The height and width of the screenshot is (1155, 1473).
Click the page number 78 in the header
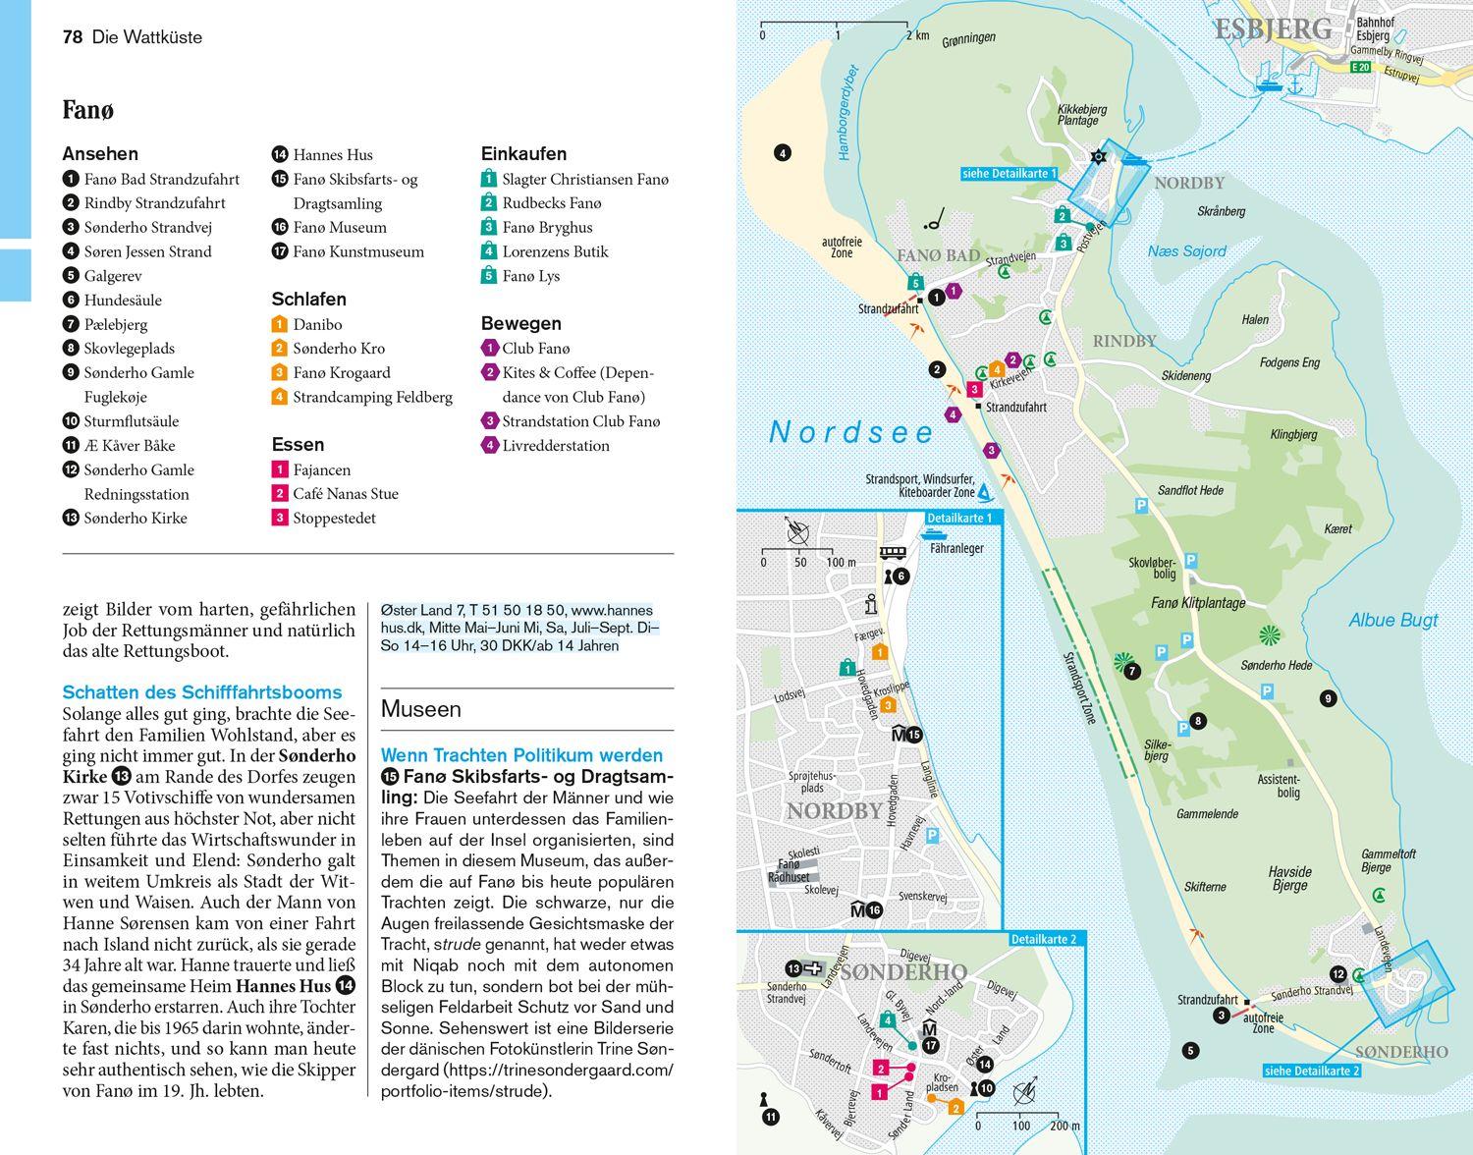point(72,37)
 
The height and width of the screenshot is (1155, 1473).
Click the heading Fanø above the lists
point(87,110)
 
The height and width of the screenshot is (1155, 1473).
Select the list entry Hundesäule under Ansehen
point(123,300)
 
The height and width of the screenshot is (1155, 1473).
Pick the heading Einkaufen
point(523,154)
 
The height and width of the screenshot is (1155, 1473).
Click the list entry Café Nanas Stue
point(345,494)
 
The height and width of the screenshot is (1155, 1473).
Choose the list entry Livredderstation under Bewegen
point(556,445)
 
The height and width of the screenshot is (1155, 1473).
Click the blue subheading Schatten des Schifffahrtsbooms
point(201,691)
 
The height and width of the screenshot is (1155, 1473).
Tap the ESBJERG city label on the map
point(1273,29)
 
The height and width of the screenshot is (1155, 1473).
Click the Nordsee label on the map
point(851,432)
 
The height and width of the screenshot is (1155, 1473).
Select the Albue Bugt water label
point(1392,620)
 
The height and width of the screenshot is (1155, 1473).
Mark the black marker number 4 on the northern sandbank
point(782,153)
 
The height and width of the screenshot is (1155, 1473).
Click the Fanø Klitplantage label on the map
point(1197,603)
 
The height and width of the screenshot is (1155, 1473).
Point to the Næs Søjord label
point(1186,251)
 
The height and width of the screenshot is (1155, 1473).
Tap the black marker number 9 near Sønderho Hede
point(1328,699)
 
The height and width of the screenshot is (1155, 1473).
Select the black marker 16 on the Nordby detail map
point(874,909)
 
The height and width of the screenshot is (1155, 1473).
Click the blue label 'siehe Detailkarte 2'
point(1311,1071)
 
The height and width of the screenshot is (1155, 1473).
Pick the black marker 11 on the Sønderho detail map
point(771,1117)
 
